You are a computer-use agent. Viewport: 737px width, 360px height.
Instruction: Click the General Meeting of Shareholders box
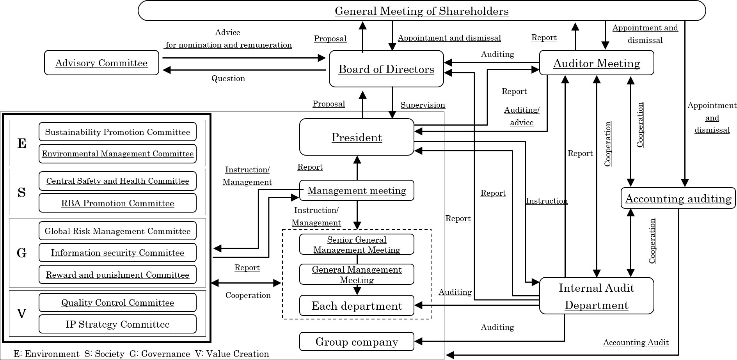(421, 11)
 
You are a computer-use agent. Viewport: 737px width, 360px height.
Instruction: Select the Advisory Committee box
(101, 63)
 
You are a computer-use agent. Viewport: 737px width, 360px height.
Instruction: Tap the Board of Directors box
(386, 69)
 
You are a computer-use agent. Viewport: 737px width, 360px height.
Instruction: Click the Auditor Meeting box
(597, 63)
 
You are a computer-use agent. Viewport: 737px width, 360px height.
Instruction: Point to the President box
(357, 137)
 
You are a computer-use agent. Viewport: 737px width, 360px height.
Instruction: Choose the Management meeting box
(357, 190)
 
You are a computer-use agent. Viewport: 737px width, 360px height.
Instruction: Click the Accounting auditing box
(678, 199)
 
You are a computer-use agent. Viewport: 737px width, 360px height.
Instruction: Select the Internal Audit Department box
(597, 296)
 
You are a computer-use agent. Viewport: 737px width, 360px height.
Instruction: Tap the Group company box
(357, 342)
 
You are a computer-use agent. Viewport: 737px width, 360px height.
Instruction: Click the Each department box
(357, 306)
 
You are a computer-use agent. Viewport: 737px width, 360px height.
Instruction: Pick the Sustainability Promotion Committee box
(117, 132)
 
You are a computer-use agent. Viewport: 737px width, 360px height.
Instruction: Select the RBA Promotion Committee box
(117, 203)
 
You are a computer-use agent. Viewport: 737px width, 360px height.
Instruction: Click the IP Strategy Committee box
(117, 324)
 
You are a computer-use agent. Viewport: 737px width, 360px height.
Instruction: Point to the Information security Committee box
(117, 253)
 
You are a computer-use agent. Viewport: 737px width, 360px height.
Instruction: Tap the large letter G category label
(22, 253)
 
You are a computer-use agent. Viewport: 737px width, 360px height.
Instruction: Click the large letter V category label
(22, 314)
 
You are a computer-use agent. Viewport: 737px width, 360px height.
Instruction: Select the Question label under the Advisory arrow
(228, 78)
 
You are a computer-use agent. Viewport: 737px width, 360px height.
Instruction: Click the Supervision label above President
(423, 105)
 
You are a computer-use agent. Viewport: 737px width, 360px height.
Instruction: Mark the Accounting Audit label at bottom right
(636, 342)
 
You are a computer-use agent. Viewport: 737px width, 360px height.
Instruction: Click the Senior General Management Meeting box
(357, 245)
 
